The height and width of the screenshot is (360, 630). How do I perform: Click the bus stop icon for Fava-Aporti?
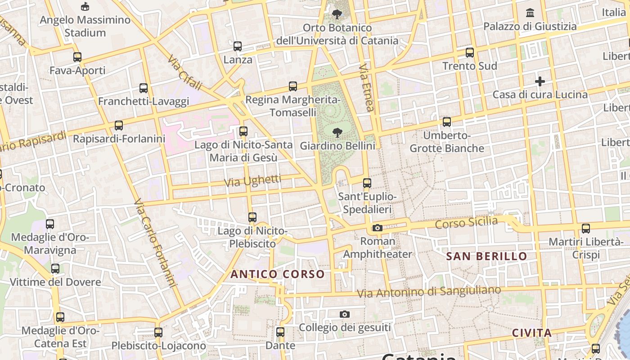[77, 57]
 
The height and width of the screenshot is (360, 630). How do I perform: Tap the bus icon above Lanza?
[238, 46]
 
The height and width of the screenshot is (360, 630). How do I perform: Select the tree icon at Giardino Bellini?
[337, 132]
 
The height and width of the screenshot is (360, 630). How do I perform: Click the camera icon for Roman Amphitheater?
[378, 228]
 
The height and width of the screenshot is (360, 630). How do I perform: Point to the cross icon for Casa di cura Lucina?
[540, 81]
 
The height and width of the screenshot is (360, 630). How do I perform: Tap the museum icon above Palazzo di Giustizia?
[530, 13]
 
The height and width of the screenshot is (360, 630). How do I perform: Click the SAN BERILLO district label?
[486, 256]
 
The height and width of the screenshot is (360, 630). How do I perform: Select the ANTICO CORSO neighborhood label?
[278, 274]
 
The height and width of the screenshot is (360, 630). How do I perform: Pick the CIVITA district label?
[532, 333]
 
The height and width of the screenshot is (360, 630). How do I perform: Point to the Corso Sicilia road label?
[467, 222]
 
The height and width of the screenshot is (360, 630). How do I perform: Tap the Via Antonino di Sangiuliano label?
[429, 292]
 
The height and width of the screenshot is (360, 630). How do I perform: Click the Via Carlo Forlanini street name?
[154, 243]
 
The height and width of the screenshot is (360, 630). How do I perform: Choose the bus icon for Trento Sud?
[470, 53]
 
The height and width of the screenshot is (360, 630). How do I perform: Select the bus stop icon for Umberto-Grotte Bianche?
[447, 122]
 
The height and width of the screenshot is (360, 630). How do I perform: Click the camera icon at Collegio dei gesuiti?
[345, 314]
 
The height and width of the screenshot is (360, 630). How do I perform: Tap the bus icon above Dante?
[280, 333]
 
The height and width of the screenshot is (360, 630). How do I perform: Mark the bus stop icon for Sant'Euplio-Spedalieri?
[367, 183]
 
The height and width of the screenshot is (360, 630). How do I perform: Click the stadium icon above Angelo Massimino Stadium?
[85, 6]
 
